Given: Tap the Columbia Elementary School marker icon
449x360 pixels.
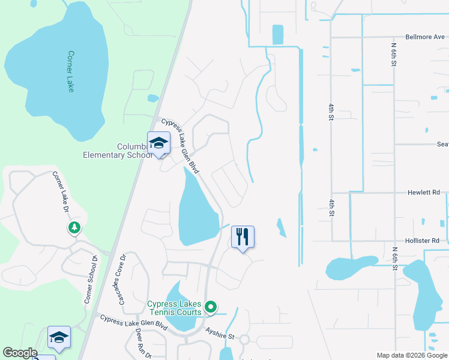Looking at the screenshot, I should tap(158, 143).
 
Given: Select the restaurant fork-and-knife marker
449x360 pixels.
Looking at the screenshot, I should tap(243, 237).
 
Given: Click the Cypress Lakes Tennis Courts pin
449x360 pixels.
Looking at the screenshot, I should tap(210, 307).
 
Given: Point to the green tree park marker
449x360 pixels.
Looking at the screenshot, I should tap(74, 228).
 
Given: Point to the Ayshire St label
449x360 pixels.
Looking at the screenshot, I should tap(220, 333).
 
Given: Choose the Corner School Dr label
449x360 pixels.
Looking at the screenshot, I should tap(90, 279).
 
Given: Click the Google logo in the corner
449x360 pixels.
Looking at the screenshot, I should tap(20, 353).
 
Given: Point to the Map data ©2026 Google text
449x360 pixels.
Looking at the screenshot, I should tap(411, 355).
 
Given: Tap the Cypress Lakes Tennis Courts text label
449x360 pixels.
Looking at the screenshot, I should tap(175, 308).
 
